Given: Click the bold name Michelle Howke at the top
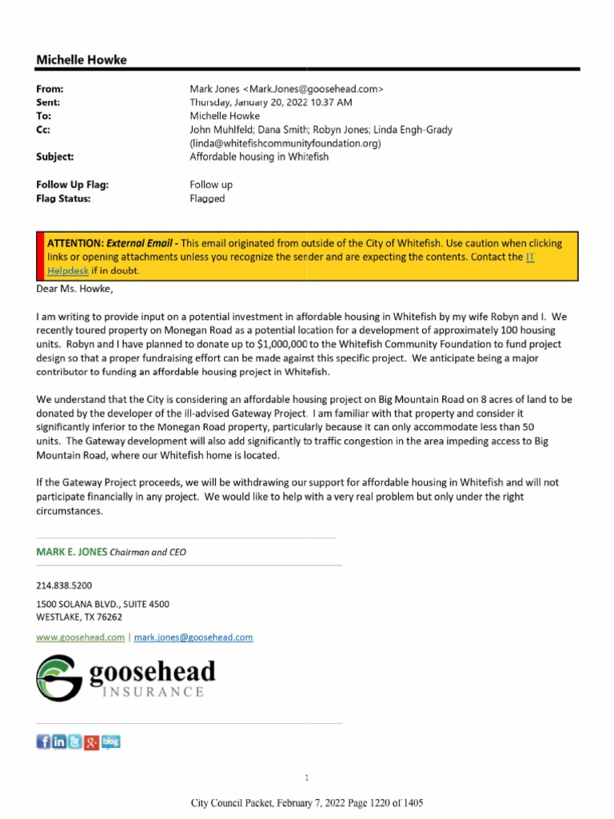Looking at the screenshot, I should [82, 60].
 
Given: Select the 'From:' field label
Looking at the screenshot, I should [50, 89].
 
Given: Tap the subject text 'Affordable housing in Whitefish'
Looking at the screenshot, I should [259, 157].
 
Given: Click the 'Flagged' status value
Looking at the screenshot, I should [207, 198].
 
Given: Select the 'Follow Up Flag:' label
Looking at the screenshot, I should [72, 185].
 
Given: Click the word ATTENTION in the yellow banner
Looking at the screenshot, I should [75, 243].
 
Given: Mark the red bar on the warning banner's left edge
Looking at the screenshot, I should [40, 256].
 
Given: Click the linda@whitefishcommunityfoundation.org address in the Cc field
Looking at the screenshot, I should [285, 143].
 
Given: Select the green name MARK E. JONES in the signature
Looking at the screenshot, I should [71, 552].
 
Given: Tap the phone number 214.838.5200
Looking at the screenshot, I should [70, 586].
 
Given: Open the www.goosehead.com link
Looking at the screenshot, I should [80, 637].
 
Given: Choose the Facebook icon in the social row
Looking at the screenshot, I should [44, 742].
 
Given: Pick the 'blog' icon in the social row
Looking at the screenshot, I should [111, 742].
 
